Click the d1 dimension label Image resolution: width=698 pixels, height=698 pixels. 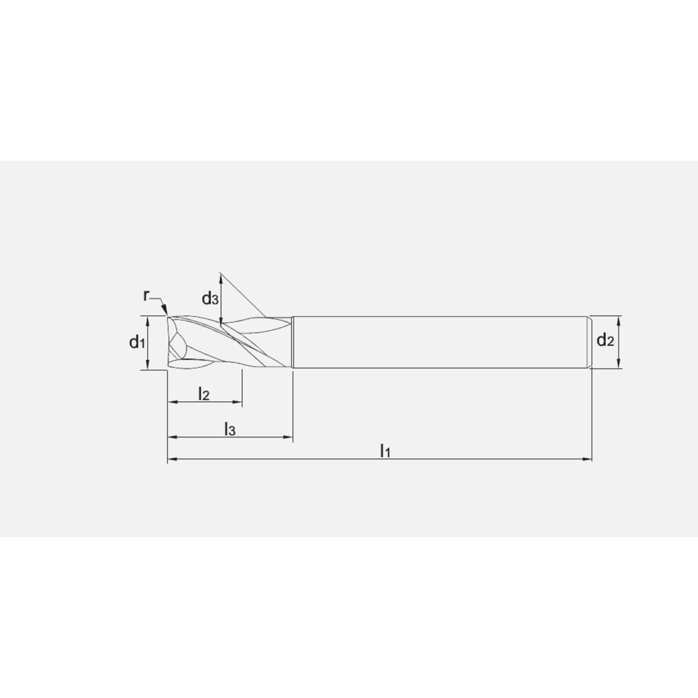coord(137,342)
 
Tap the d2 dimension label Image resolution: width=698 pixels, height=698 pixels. coord(605,341)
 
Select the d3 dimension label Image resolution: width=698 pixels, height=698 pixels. coord(210,298)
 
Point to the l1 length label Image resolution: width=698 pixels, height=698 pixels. coord(385,451)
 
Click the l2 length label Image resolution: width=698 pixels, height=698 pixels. coord(204,394)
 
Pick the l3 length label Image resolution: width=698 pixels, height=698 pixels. coord(230,429)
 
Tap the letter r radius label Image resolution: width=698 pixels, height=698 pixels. coord(146,295)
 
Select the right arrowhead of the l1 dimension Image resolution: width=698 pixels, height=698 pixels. coord(587,459)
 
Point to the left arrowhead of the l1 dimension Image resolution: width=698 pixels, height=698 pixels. coord(172,459)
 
